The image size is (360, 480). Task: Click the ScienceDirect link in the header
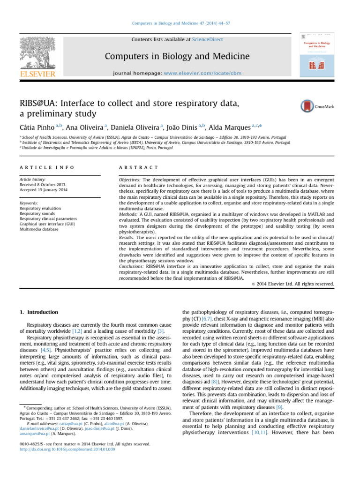click(x=208, y=40)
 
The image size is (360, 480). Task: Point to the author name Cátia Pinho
click(x=37, y=128)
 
